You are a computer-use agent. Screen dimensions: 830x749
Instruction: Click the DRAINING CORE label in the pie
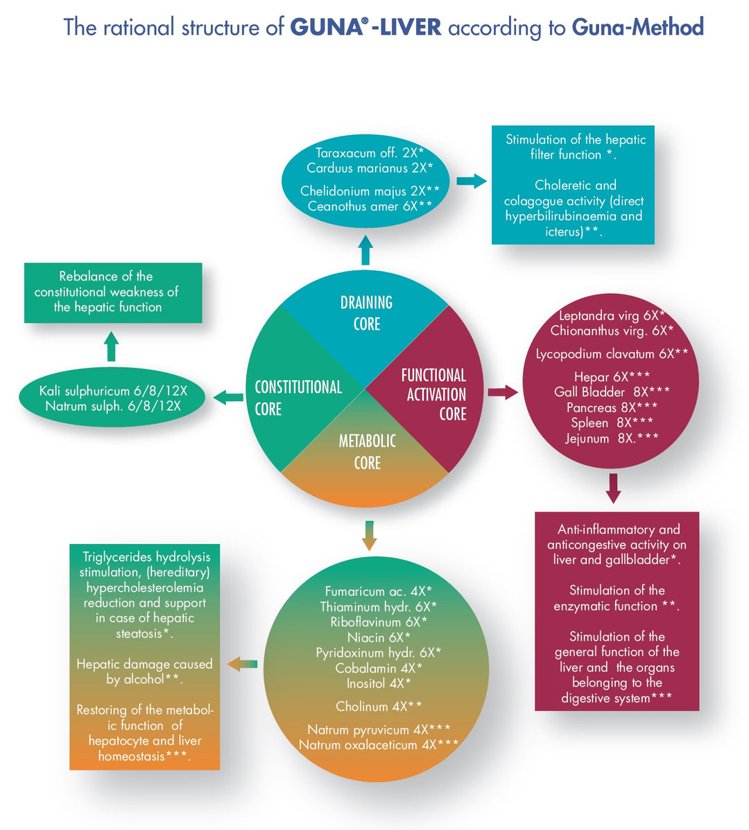[366, 313]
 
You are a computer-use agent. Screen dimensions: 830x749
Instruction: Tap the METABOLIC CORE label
[367, 452]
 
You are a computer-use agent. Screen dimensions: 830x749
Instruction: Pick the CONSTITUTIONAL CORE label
[298, 398]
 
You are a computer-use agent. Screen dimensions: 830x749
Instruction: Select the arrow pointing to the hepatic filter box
[472, 182]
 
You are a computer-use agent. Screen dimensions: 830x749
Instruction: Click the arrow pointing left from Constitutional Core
[228, 397]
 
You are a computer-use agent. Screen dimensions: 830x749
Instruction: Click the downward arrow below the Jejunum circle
[613, 488]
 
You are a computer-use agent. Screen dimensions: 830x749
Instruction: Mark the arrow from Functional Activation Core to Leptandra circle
[503, 392]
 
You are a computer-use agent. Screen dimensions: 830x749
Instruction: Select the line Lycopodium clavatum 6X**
[612, 354]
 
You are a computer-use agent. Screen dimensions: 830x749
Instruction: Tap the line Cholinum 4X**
[379, 707]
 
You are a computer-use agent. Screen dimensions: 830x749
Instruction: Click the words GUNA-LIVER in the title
[365, 28]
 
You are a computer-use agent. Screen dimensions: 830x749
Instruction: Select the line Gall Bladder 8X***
[612, 392]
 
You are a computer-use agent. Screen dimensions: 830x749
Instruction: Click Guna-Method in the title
[637, 28]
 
